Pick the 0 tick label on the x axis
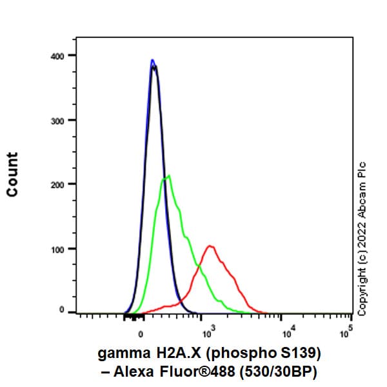point(141,334)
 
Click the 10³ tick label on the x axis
point(207,333)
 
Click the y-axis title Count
point(12,174)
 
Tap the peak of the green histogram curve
point(168,175)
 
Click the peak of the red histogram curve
point(210,246)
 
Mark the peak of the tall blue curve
point(152,60)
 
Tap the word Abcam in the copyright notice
point(362,196)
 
